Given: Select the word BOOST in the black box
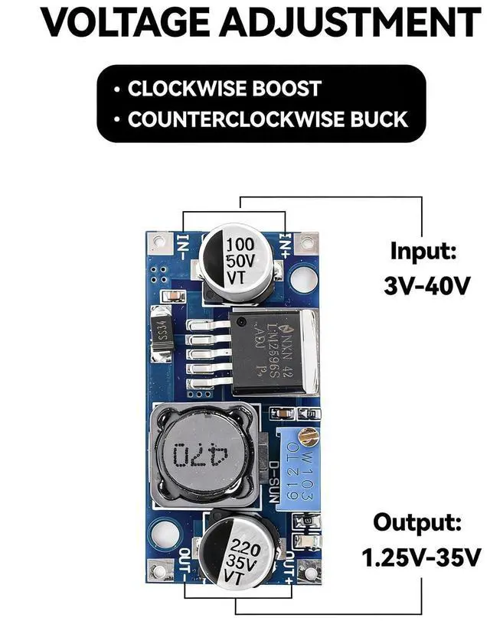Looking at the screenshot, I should coord(283,88).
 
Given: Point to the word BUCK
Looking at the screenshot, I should coord(377,120).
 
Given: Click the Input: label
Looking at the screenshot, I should coord(423,251).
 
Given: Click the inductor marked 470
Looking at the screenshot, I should coord(201,455).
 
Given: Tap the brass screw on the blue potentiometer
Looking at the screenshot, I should coord(309,438).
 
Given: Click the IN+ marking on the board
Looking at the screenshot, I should coord(285,245).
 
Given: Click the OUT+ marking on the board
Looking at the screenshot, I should coord(289,567).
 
